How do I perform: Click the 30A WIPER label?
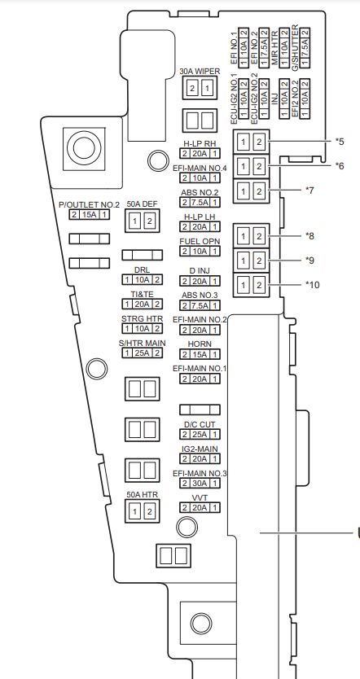click(200, 72)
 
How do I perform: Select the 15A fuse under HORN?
click(200, 355)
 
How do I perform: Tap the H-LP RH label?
click(200, 144)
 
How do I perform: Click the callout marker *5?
click(340, 141)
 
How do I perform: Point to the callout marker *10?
click(312, 284)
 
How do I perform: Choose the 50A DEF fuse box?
click(142, 221)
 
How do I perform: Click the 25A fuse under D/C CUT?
click(200, 434)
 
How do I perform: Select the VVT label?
click(200, 498)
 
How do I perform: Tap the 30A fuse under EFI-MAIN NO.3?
click(200, 484)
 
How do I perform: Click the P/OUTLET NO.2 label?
click(89, 205)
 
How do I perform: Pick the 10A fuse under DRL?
click(142, 280)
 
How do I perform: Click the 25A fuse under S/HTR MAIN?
click(142, 353)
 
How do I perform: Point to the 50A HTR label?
click(142, 494)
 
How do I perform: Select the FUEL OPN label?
click(200, 241)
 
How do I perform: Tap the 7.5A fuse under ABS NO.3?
click(200, 306)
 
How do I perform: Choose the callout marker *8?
click(310, 235)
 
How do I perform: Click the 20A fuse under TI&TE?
click(142, 304)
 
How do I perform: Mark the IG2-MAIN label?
click(200, 449)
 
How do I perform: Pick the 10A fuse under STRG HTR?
click(142, 329)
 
